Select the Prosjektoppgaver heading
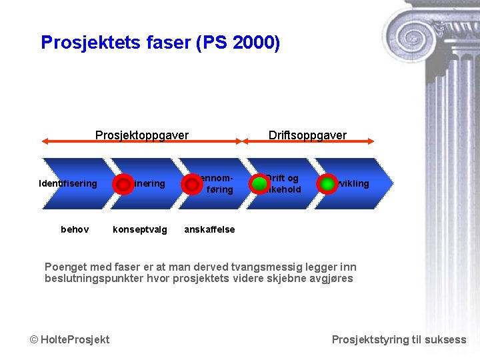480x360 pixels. (x=142, y=135)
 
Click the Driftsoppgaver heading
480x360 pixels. (x=307, y=135)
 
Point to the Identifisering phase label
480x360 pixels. (x=68, y=184)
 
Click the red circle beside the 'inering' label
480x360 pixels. (x=123, y=184)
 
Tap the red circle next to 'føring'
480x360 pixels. (x=191, y=185)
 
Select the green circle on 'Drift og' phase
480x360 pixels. (x=259, y=184)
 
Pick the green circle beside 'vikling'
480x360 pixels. (x=327, y=184)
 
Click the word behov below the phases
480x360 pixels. (x=75, y=229)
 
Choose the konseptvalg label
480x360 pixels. (x=140, y=229)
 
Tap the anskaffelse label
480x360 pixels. (x=209, y=229)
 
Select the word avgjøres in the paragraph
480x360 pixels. (x=331, y=279)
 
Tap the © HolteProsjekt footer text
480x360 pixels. (x=70, y=339)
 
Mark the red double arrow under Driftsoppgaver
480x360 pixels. (x=309, y=141)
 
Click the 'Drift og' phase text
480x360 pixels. (x=283, y=179)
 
